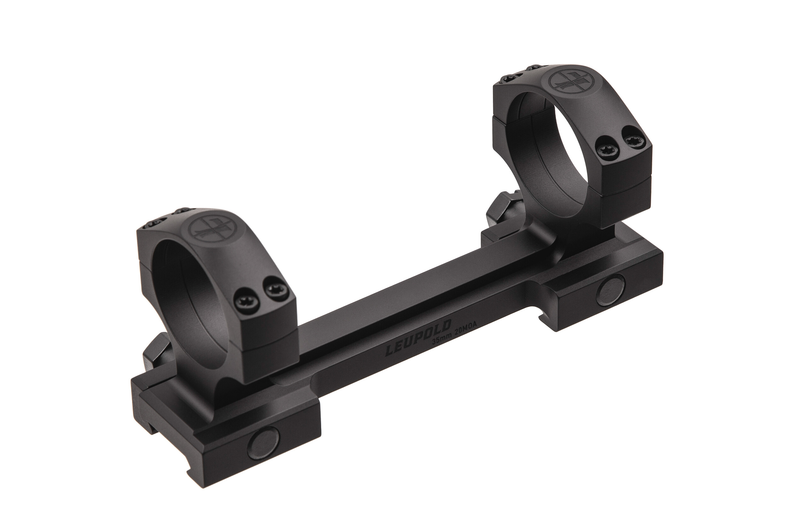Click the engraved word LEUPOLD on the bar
tap(418, 338)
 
